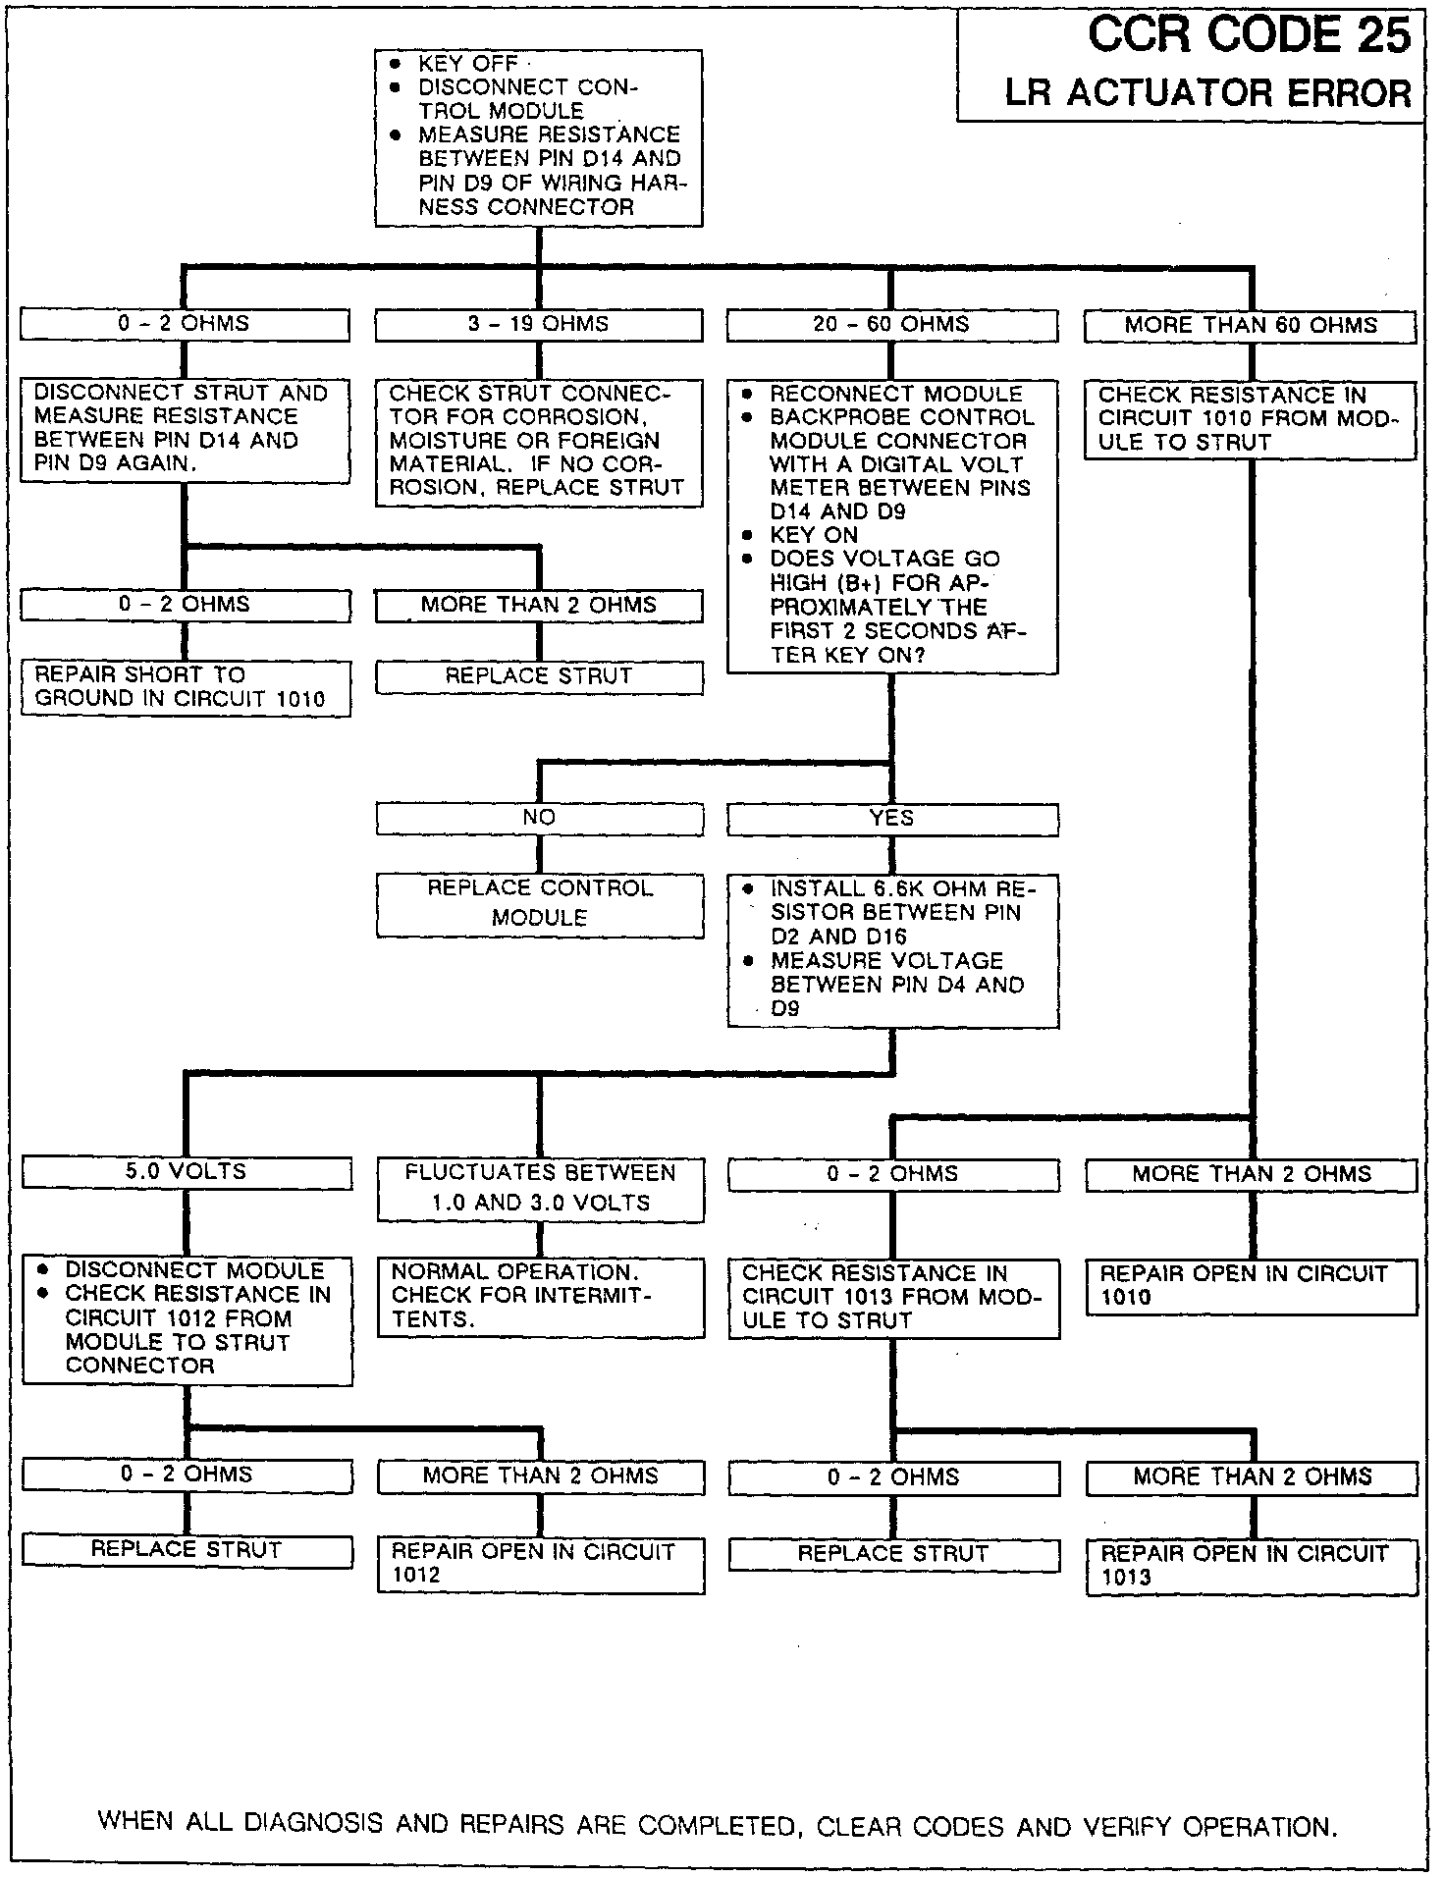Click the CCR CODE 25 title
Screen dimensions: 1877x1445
1249,36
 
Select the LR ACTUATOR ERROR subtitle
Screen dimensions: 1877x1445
1207,93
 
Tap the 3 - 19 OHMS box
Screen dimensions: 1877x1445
539,325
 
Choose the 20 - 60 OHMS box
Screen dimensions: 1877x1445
891,325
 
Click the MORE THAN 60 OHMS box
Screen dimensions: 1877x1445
1250,326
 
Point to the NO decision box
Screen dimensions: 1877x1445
539,818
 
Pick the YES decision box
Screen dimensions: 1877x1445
891,819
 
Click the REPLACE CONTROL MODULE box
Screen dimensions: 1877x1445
539,903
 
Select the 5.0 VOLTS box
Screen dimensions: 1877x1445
186,1172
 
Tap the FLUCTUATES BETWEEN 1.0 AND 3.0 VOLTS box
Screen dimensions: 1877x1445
540,1188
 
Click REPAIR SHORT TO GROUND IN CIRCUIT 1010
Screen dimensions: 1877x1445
185,687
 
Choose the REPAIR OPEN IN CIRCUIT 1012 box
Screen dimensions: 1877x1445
540,1564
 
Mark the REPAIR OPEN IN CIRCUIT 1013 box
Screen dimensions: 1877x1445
1251,1566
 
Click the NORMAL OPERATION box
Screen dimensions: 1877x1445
540,1296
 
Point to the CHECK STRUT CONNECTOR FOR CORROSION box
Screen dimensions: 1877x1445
539,442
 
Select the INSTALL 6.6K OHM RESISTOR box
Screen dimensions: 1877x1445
892,949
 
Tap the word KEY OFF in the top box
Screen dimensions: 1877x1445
468,64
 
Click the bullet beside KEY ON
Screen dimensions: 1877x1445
748,536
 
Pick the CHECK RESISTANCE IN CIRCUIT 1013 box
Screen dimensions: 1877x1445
892,1297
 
